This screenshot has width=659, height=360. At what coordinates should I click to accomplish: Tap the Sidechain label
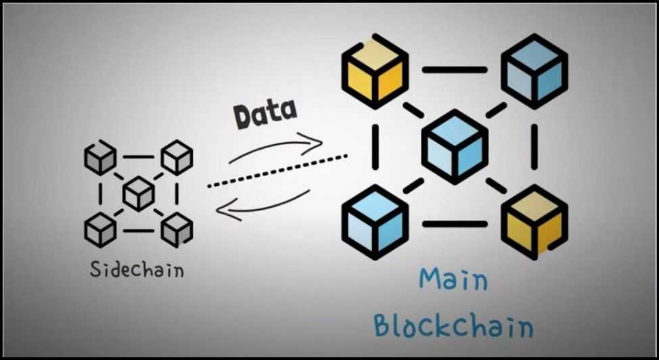137,269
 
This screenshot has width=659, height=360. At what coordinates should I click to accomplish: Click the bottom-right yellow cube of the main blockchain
534,222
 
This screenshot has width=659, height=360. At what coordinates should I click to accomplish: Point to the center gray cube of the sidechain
139,194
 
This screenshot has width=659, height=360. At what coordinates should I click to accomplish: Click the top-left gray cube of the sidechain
99,157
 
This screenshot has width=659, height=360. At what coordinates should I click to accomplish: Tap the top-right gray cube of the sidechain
177,157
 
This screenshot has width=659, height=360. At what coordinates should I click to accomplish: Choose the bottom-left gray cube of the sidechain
99,229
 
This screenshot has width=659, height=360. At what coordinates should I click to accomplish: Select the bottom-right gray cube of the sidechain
177,229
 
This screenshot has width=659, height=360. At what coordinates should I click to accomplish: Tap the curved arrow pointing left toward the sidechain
264,206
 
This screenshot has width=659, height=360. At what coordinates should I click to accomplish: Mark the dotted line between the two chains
277,171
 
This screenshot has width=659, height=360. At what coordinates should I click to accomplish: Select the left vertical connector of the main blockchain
375,147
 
